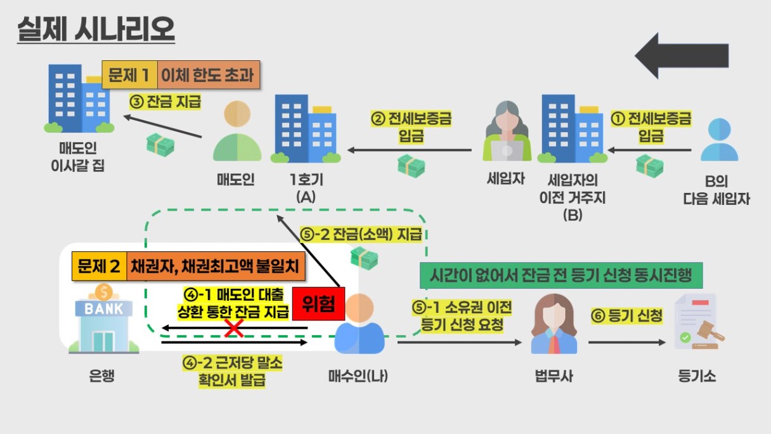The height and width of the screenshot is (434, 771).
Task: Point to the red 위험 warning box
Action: point(318,305)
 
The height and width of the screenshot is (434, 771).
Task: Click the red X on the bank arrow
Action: point(235,327)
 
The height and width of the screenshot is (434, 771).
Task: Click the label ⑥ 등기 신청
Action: point(626,315)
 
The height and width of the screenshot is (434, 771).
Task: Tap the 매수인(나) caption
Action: point(358,376)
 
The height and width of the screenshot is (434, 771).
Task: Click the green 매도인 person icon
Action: point(237,133)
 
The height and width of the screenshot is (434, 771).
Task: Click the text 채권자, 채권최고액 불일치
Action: point(216,266)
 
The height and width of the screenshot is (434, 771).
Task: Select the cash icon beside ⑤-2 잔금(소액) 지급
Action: point(364,258)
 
